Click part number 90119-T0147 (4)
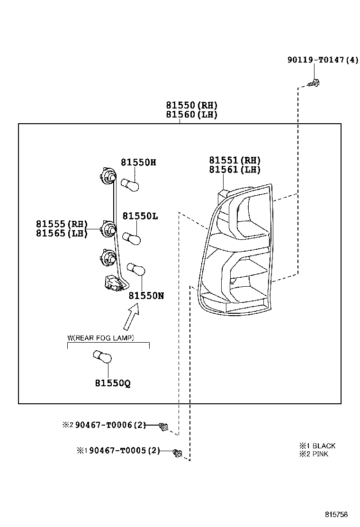pyautogui.click(x=323, y=60)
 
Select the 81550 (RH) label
pyautogui.click(x=192, y=106)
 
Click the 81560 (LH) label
pyautogui.click(x=192, y=115)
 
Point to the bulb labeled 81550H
pyautogui.click(x=130, y=185)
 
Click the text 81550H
pyautogui.click(x=138, y=163)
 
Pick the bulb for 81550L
pyautogui.click(x=131, y=238)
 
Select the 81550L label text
pyautogui.click(x=140, y=216)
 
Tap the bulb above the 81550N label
pyautogui.click(x=136, y=270)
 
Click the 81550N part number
pyautogui.click(x=146, y=296)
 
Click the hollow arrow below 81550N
pyautogui.click(x=131, y=316)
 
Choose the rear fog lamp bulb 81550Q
pyautogui.click(x=102, y=356)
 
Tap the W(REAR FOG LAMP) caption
pyautogui.click(x=101, y=338)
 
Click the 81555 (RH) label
pyautogui.click(x=62, y=224)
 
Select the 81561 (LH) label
pyautogui.click(x=235, y=169)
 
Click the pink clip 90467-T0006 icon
pyautogui.click(x=163, y=427)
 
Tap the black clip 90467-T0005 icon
pyautogui.click(x=177, y=453)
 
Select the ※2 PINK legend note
pyautogui.click(x=314, y=454)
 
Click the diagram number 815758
pyautogui.click(x=336, y=515)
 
